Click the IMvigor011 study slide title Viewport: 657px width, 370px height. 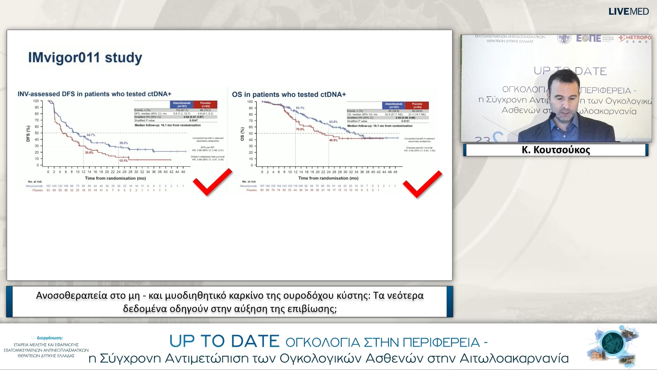pos(85,58)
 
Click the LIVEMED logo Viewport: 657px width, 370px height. pos(628,12)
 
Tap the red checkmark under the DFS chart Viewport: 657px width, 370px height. pos(212,182)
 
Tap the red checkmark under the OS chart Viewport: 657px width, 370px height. pos(422,184)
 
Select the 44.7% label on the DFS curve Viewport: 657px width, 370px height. pos(91,135)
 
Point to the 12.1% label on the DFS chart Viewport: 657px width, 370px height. pos(123,161)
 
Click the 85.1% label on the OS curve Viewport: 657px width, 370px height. pos(300,108)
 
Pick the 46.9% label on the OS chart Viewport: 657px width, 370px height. pos(333,140)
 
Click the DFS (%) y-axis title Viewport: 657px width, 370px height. pos(28,134)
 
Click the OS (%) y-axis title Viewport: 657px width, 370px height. pos(242,134)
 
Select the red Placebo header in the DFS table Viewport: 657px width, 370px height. pos(205,104)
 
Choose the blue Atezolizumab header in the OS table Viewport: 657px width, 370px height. pos(394,106)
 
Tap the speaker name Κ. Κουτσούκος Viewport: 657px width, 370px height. pos(556,150)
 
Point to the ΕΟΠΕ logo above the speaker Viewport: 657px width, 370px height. pos(589,38)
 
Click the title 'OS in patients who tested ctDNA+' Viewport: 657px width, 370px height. pos(289,95)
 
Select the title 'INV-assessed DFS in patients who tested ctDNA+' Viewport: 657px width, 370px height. pos(94,94)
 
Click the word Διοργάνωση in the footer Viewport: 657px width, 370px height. pos(50,338)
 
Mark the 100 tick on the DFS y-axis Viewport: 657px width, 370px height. pos(36,101)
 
